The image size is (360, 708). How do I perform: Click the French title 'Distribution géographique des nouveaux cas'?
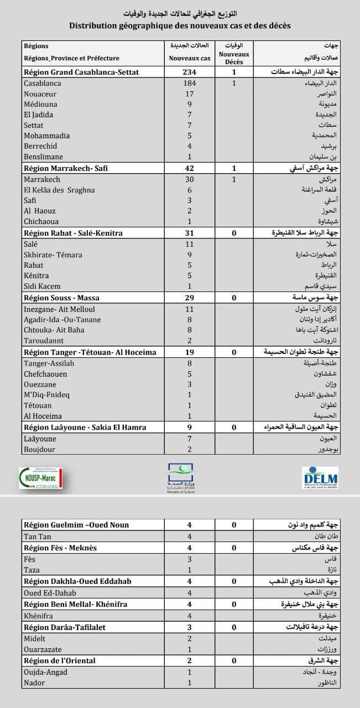pos(180,25)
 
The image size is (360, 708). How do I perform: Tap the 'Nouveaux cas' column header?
pos(190,58)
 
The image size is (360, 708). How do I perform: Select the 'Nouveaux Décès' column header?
pos(234,58)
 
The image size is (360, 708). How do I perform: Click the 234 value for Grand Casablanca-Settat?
pos(190,72)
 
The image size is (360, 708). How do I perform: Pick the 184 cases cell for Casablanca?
pos(190,84)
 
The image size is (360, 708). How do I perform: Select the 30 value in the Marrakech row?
pos(190,180)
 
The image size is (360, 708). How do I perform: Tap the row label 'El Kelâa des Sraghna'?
pos(59,190)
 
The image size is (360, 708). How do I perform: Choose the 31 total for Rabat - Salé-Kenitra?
pos(190,233)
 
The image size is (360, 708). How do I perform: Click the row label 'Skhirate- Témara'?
pos(53,254)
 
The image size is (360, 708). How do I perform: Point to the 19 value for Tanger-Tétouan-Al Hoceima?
pos(190,352)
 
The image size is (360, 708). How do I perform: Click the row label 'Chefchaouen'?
pos(45,373)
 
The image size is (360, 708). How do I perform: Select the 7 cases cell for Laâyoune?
pos(190,439)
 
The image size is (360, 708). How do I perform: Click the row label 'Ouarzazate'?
pos(43,649)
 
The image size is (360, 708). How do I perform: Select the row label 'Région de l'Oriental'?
pos(60,660)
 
